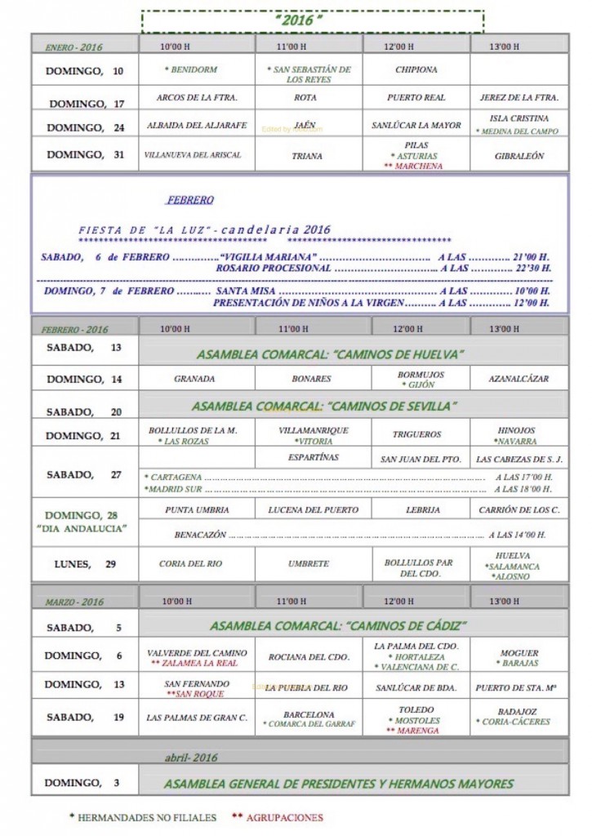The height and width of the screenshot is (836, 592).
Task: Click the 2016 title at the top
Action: [x=311, y=20]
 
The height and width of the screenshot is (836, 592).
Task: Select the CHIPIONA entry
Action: [x=416, y=70]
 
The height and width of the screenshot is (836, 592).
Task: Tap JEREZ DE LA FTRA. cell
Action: [x=519, y=97]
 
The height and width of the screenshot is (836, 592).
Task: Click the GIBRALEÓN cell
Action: [x=519, y=155]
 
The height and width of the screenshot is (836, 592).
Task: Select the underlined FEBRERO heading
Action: [x=190, y=200]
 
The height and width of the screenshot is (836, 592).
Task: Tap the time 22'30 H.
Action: [x=532, y=268]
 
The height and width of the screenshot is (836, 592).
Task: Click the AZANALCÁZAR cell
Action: [x=519, y=379]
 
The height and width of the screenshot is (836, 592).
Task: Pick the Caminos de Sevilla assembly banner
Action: [x=324, y=406]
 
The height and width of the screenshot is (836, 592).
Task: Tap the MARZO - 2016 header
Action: [x=74, y=602]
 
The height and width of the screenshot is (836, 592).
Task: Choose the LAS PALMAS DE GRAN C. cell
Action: [x=197, y=718]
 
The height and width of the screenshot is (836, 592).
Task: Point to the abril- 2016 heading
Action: [x=191, y=758]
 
